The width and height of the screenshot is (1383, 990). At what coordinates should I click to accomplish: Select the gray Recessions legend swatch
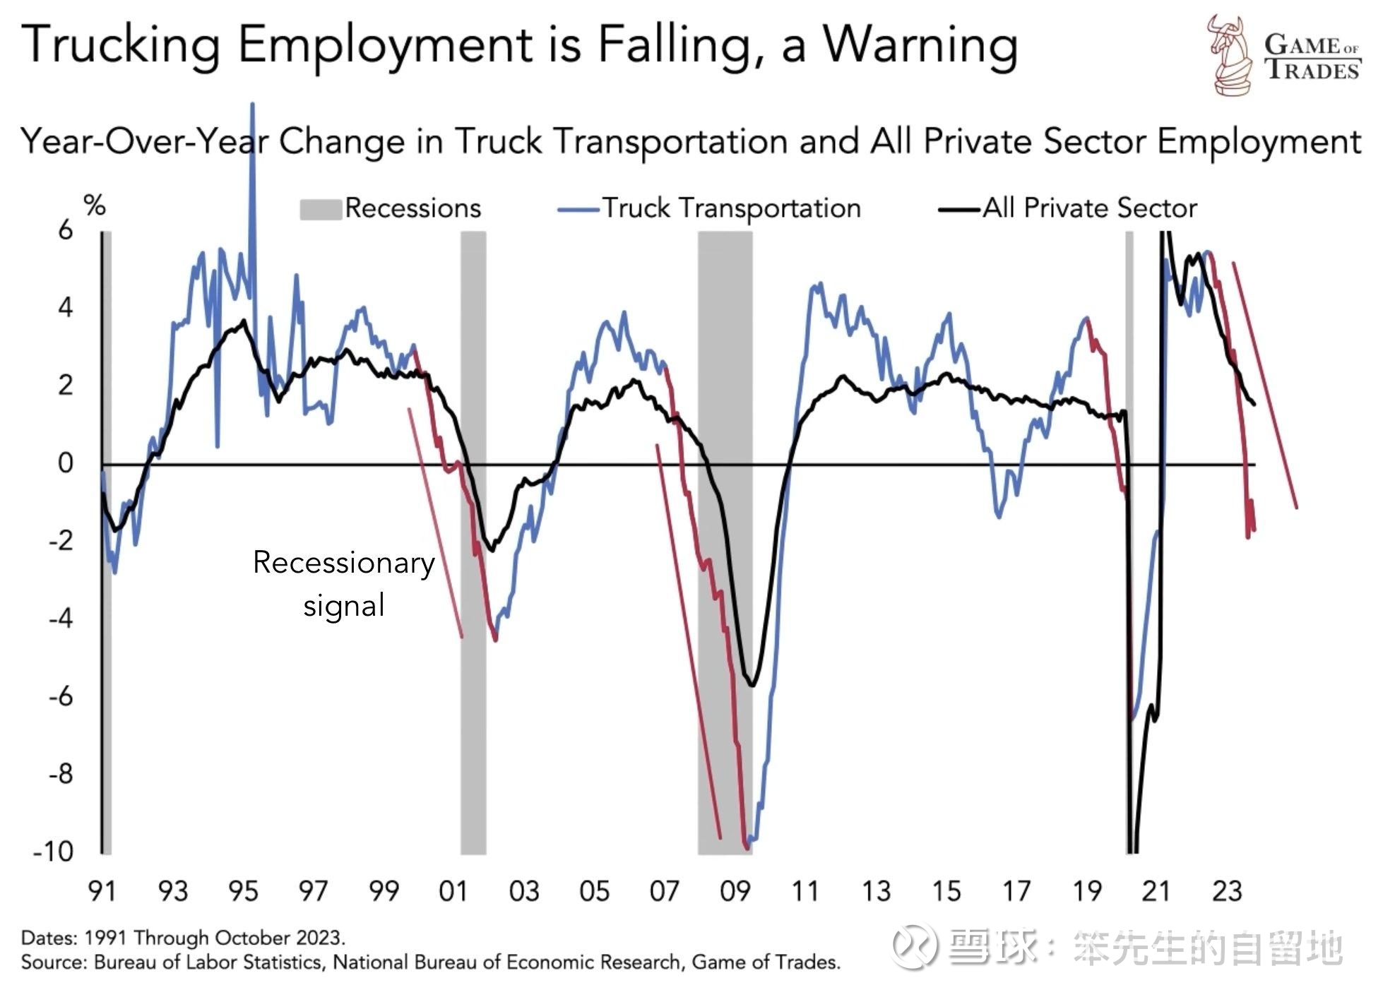[x=321, y=210]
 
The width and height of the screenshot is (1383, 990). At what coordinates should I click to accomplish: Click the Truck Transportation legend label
[x=731, y=208]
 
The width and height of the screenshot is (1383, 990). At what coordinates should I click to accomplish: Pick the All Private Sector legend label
[x=1090, y=208]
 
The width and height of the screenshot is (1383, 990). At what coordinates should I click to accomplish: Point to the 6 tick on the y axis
[x=66, y=230]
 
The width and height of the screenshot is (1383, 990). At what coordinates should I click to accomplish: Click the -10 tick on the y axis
[x=54, y=852]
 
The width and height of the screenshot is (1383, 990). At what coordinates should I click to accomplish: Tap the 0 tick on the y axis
[x=66, y=463]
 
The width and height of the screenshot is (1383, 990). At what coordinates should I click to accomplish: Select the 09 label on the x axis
[x=735, y=892]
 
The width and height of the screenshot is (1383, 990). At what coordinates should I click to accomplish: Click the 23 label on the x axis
[x=1227, y=892]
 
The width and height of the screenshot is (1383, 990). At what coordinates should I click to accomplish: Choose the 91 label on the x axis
[x=102, y=892]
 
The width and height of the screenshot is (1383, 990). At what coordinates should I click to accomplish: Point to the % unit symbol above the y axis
[x=95, y=206]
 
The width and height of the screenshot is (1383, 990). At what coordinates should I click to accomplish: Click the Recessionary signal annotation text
[x=344, y=584]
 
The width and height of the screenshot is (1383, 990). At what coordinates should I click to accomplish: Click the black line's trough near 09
[x=752, y=684]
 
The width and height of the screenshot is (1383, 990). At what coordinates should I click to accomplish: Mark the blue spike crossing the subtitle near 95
[x=253, y=141]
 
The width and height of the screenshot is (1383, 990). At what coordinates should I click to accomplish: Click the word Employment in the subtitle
[x=1258, y=141]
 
